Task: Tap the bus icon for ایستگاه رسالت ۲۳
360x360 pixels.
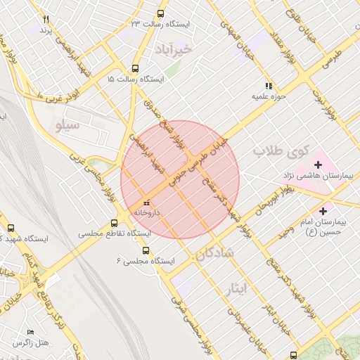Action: pyautogui.click(x=161, y=13)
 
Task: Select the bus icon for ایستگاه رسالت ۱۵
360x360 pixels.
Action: pyautogui.click(x=135, y=69)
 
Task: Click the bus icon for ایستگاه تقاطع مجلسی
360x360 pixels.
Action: pyautogui.click(x=112, y=222)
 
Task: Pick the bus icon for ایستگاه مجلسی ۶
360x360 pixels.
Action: pyautogui.click(x=146, y=250)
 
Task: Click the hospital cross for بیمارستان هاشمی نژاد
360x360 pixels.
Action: pyautogui.click(x=319, y=165)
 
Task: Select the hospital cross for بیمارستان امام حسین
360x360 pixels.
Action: pyautogui.click(x=323, y=210)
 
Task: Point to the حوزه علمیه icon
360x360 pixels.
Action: pyautogui.click(x=268, y=85)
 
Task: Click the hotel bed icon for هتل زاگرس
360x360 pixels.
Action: pyautogui.click(x=30, y=332)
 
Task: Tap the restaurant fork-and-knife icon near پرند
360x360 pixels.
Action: pyautogui.click(x=46, y=19)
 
